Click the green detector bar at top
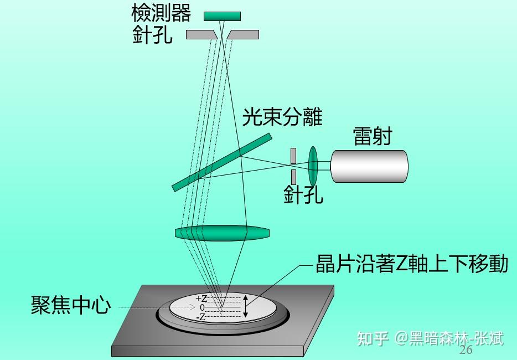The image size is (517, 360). [x=222, y=16]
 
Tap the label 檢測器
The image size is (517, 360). [x=161, y=12]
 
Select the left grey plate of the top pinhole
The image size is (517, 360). [x=200, y=34]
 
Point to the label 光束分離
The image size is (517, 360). [x=282, y=117]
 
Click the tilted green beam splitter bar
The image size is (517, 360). [x=221, y=162]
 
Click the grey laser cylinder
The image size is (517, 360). [x=369, y=166]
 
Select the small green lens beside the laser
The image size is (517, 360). [x=313, y=166]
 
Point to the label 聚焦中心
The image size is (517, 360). [x=71, y=305]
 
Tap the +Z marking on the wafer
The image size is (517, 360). [x=201, y=299]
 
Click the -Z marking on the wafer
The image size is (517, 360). [x=201, y=317]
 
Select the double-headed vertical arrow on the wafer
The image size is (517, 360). [x=246, y=307]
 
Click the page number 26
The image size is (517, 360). [x=466, y=350]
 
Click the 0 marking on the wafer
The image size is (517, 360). [x=202, y=307]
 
